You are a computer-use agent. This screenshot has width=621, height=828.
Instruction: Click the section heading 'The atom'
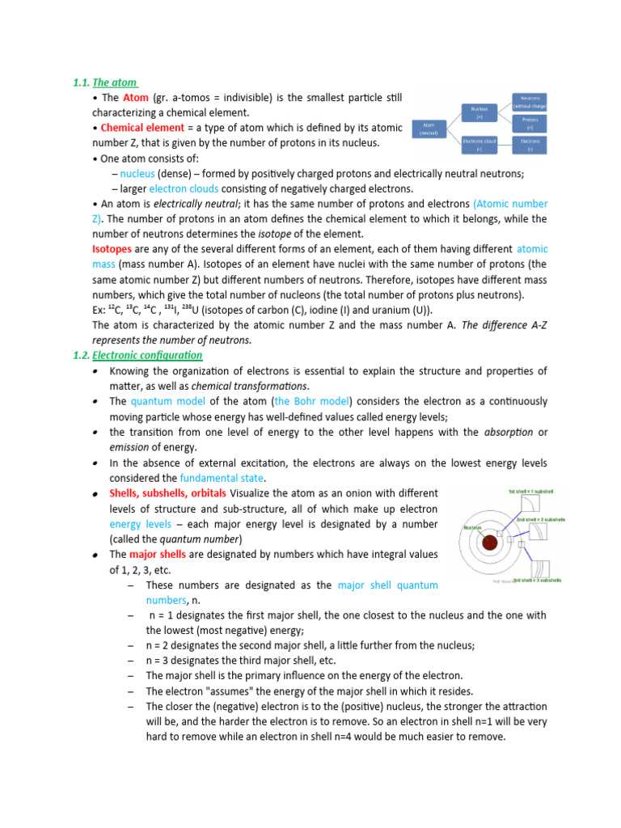(x=115, y=82)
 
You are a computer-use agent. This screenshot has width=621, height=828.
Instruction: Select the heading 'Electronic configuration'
(x=147, y=355)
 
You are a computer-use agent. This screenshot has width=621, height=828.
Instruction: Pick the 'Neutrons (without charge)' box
(x=530, y=101)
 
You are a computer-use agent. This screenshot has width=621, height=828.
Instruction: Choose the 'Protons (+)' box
(x=530, y=123)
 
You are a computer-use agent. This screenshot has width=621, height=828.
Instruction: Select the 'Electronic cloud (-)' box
(x=479, y=144)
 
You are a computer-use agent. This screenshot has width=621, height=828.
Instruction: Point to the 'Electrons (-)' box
(x=530, y=144)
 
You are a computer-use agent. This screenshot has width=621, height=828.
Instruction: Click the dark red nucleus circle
(x=489, y=543)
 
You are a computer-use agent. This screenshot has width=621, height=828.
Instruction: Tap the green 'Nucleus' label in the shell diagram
(x=473, y=527)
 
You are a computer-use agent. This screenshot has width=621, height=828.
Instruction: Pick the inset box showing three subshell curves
(x=539, y=568)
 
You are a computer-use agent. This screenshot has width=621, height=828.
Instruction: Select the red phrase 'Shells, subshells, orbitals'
(x=168, y=493)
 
